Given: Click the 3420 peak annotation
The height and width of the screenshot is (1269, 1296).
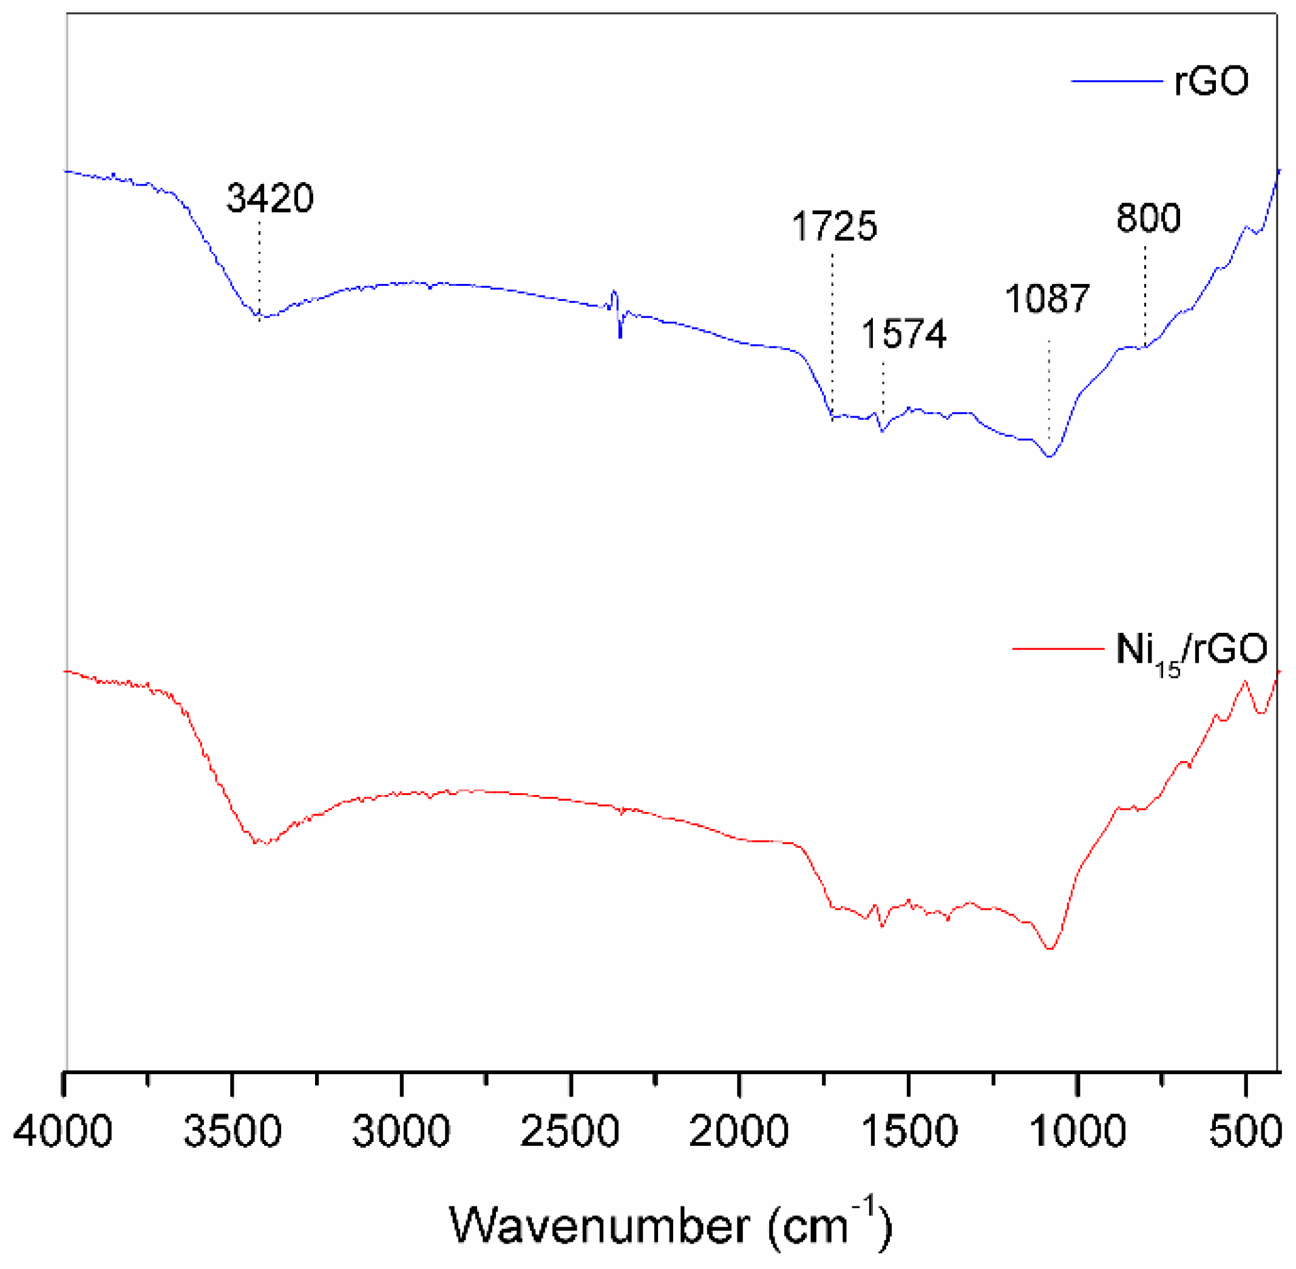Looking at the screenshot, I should click(x=270, y=198).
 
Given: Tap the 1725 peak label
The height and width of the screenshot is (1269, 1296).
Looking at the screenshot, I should click(x=834, y=226).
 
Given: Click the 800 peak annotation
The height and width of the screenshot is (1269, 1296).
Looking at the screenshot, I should click(x=1148, y=218).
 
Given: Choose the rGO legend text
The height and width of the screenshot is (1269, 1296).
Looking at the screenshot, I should click(x=1210, y=81).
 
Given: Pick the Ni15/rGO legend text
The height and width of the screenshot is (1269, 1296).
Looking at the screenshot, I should click(x=1192, y=650).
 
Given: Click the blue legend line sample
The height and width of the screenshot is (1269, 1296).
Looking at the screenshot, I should click(x=1117, y=81).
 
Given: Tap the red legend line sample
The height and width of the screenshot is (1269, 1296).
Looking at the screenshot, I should click(x=1058, y=647).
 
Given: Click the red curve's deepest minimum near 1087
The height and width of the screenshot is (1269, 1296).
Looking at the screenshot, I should click(x=1050, y=948).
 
